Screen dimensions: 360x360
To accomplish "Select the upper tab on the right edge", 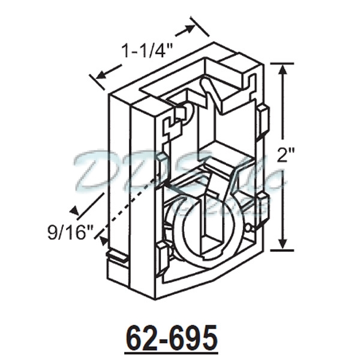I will pyautogui.click(x=262, y=120).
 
